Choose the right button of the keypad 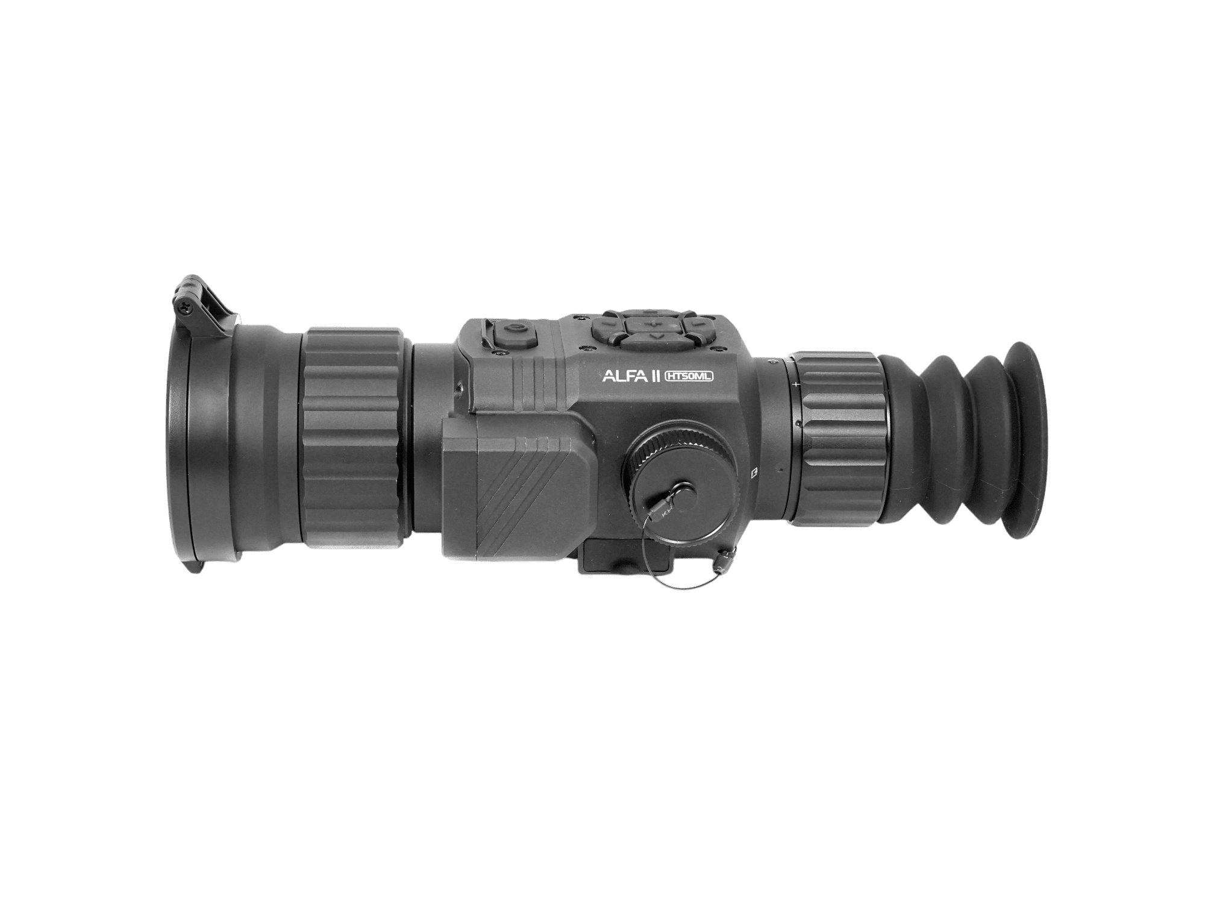coord(698,325)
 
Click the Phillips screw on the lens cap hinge coord(183,307)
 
